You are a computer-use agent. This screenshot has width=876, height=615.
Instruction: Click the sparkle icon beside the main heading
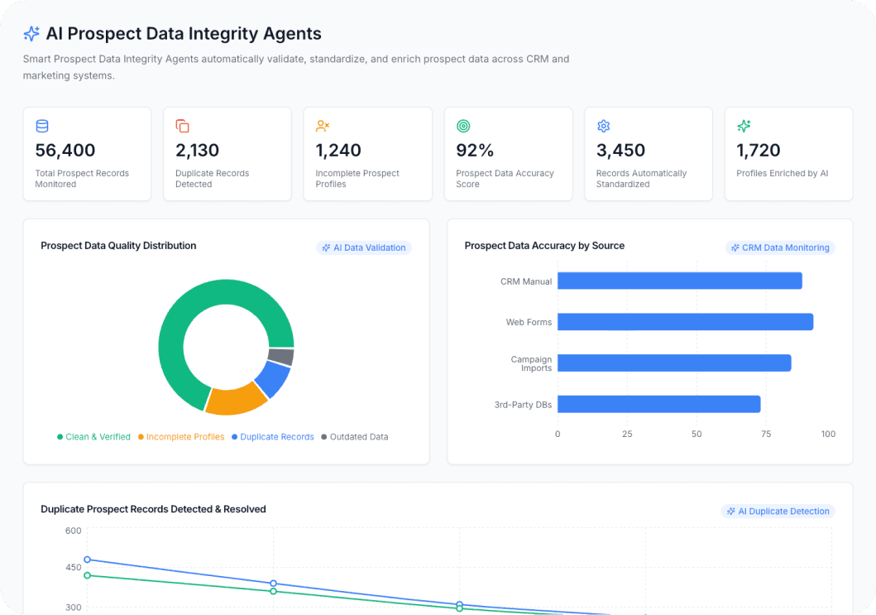point(31,34)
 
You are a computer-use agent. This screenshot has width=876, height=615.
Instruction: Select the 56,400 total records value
point(65,151)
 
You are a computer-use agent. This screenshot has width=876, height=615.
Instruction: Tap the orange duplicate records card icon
point(182,126)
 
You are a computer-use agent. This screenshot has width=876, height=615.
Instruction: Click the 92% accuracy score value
point(475,151)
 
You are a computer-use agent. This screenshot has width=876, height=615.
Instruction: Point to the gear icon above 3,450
point(603,126)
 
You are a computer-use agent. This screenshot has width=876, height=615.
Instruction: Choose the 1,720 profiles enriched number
point(759,151)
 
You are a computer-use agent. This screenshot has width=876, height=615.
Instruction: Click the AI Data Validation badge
point(364,247)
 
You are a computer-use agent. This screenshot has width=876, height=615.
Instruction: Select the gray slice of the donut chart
point(281,357)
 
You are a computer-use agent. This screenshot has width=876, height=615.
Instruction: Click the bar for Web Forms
point(685,322)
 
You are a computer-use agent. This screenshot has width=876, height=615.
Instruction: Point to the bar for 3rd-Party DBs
point(658,404)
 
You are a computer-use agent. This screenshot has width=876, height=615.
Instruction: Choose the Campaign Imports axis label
point(531,363)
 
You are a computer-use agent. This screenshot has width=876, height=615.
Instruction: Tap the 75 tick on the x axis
point(766,434)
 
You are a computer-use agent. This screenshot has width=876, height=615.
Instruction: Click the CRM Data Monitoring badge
point(781,247)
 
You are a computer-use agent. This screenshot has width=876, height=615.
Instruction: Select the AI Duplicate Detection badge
point(778,512)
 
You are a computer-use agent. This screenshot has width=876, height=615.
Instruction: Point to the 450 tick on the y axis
point(74,568)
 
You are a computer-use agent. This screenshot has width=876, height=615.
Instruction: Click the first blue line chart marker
point(88,560)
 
